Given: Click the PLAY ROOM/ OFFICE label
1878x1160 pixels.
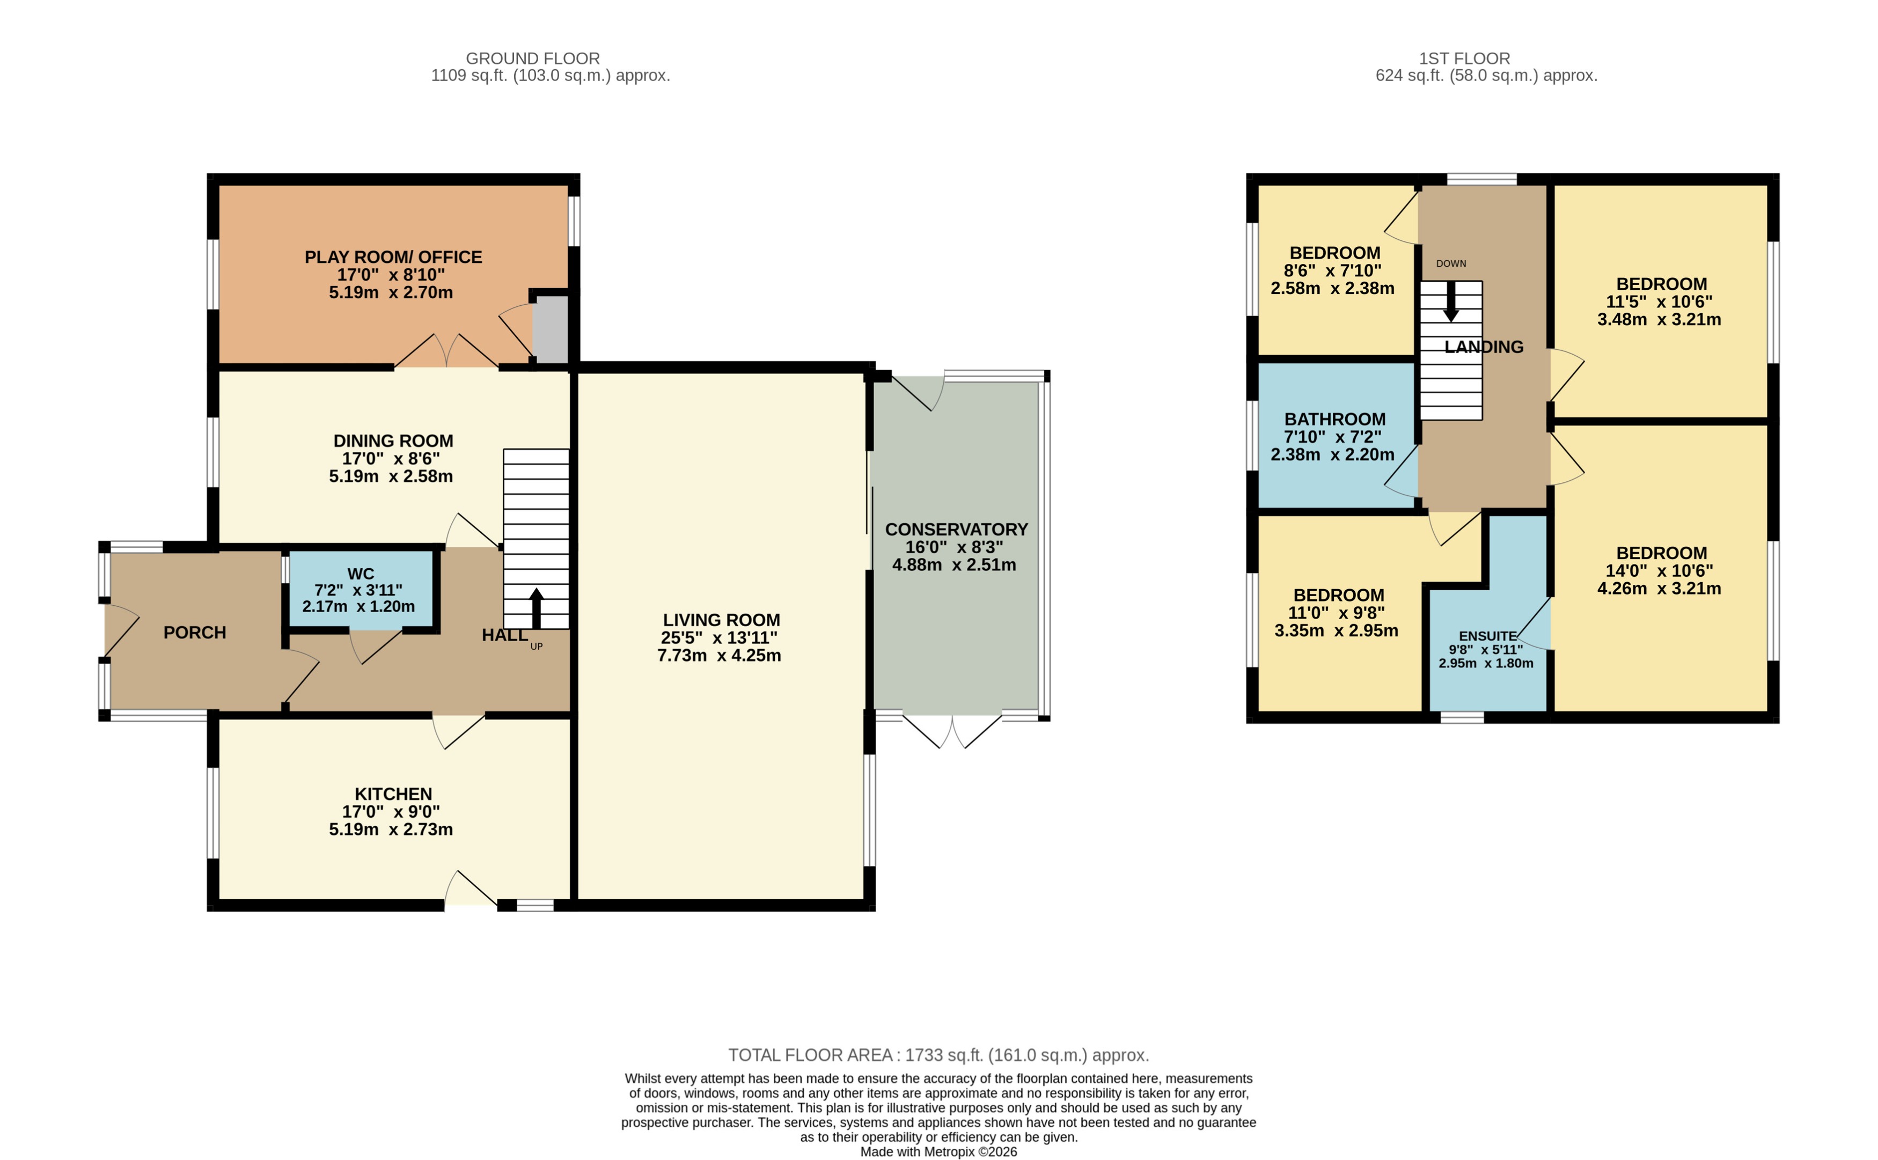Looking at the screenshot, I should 393,257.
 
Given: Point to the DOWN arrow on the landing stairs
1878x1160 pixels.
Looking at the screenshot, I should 1451,302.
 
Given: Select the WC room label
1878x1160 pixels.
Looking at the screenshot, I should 361,574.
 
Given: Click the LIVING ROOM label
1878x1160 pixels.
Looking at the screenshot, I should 721,620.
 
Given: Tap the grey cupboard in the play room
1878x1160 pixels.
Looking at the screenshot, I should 550,330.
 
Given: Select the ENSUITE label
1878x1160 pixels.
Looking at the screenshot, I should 1487,636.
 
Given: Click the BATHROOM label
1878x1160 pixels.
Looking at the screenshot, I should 1335,420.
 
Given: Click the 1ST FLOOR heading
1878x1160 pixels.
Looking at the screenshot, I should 1464,58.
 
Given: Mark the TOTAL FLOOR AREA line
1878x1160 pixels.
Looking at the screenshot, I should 938,1055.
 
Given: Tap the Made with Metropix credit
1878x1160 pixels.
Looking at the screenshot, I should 938,1151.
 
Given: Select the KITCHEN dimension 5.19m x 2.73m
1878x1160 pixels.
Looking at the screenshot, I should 391,829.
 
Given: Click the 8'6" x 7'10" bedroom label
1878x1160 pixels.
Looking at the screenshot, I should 1335,253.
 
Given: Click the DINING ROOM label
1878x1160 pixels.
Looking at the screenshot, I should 393,441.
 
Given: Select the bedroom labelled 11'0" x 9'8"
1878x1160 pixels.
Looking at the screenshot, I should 1339,596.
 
